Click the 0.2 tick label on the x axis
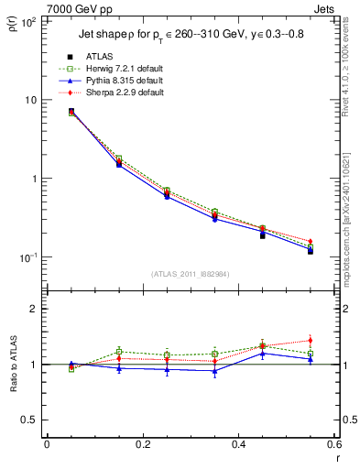[x=142, y=445]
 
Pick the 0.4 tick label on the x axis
[x=238, y=445]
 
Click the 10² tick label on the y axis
[x=28, y=21]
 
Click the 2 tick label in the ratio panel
[x=34, y=309]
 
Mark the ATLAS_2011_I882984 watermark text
[x=190, y=273]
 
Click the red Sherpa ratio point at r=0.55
[x=311, y=341]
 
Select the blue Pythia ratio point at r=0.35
[x=214, y=371]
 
